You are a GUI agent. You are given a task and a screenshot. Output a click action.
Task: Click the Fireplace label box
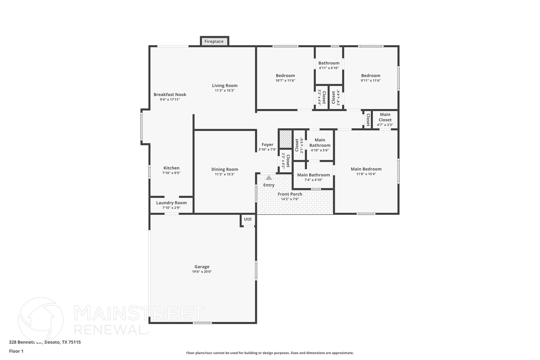[x=214, y=41]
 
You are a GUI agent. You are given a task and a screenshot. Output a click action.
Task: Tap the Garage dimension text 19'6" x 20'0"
[x=202, y=272]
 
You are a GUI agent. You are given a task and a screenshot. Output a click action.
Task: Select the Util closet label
[x=248, y=219]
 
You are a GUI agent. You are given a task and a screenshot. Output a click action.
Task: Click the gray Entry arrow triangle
[x=269, y=178]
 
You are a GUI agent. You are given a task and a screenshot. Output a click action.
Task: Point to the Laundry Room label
[x=171, y=203]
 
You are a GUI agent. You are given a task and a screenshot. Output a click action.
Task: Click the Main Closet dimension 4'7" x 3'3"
[x=385, y=125]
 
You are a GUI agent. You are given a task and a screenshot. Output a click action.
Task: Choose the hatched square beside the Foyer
[x=285, y=139]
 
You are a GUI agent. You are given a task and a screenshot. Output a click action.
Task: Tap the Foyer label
[x=267, y=145]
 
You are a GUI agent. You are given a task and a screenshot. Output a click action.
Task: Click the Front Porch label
[x=290, y=194]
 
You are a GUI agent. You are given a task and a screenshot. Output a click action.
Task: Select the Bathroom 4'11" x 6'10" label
[x=329, y=63]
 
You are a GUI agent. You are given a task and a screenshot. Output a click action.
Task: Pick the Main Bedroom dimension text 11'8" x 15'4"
[x=366, y=174]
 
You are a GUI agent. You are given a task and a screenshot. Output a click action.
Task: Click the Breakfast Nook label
[x=170, y=94]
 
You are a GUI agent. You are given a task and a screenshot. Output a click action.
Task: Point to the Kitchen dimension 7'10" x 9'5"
[x=171, y=173]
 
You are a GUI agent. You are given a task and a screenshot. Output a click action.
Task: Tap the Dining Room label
[x=225, y=169]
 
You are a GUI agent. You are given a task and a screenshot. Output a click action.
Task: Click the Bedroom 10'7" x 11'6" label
[x=285, y=76]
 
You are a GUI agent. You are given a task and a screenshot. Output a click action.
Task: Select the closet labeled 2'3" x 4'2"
[x=286, y=161]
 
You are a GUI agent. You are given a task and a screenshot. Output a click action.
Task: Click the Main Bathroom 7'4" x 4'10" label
[x=314, y=175]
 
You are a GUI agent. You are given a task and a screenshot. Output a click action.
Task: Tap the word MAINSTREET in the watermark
[x=139, y=314]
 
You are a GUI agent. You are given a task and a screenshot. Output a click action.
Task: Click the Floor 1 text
[x=16, y=351]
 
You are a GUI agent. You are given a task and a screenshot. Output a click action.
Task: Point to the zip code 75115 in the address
[x=74, y=342]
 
